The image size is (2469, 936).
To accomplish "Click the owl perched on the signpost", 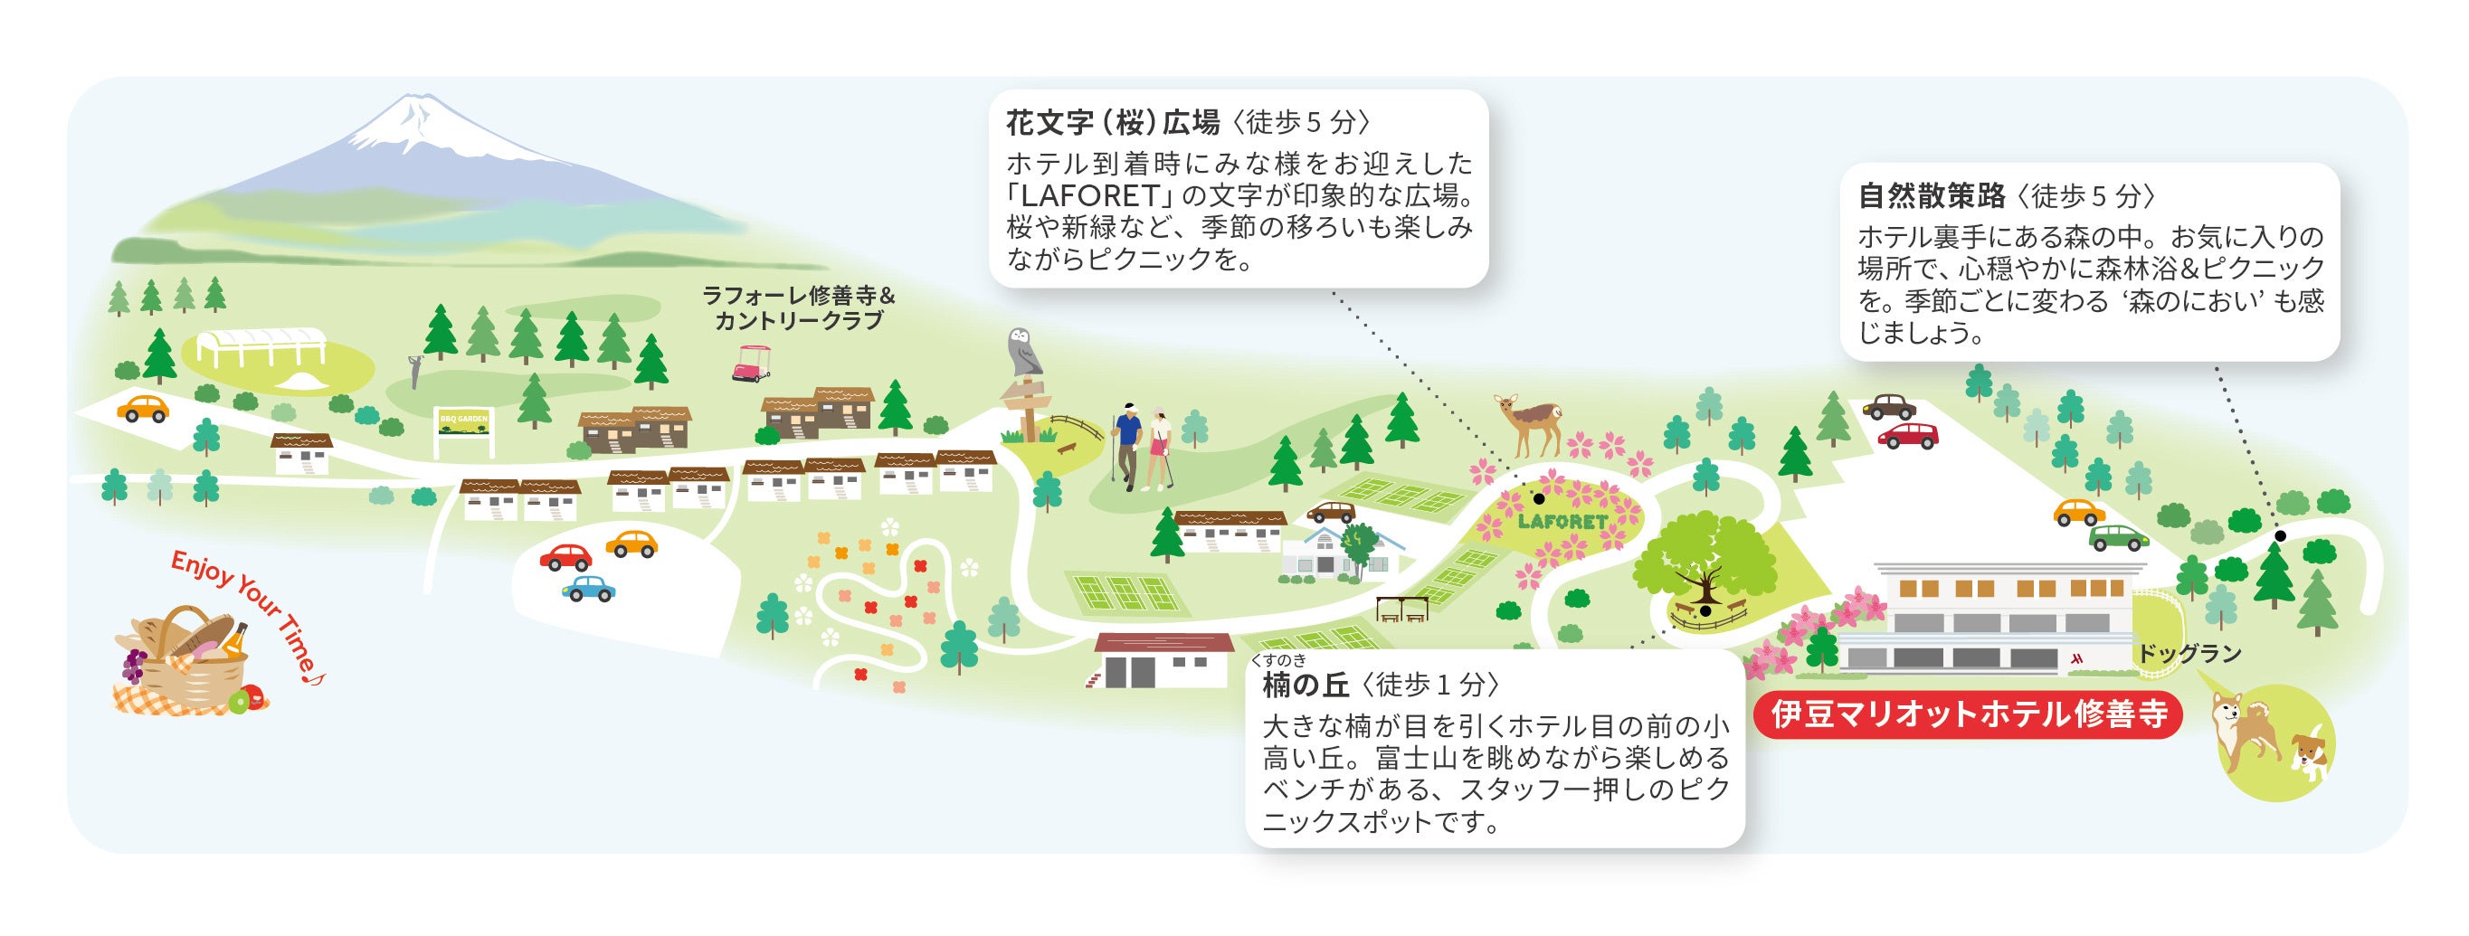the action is pos(1024,352).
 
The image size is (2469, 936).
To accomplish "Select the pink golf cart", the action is pos(753,363).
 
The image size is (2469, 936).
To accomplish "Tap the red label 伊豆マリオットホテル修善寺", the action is pos(1969,714).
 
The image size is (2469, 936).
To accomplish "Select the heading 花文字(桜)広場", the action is pos(1112,123).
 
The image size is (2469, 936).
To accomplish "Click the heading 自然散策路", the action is pos(1931,196).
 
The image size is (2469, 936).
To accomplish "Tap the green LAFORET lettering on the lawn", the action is pos(1562,522).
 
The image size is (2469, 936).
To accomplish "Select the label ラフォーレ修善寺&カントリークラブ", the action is pos(797,307).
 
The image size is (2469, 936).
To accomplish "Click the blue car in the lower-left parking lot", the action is pos(587,587).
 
